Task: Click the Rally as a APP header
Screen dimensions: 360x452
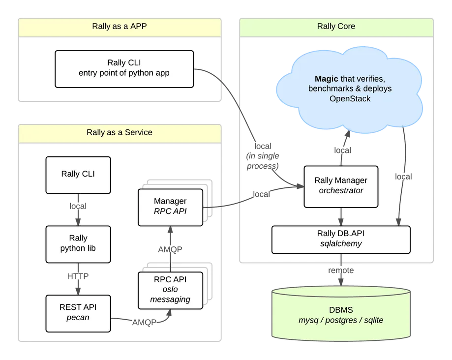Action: point(119,27)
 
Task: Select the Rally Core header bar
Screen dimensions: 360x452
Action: point(336,27)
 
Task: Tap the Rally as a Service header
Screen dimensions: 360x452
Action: point(119,132)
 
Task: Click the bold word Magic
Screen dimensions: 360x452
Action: point(326,79)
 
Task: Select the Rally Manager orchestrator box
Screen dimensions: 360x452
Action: point(340,186)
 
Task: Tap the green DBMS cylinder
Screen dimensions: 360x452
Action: point(341,315)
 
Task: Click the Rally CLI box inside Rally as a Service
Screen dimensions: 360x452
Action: point(78,175)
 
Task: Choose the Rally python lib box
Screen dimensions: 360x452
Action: point(78,243)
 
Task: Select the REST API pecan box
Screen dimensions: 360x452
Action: point(78,312)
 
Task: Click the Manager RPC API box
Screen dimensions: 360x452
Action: point(170,206)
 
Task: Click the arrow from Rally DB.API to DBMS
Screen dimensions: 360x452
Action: point(341,270)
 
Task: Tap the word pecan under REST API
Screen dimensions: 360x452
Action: point(77,317)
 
